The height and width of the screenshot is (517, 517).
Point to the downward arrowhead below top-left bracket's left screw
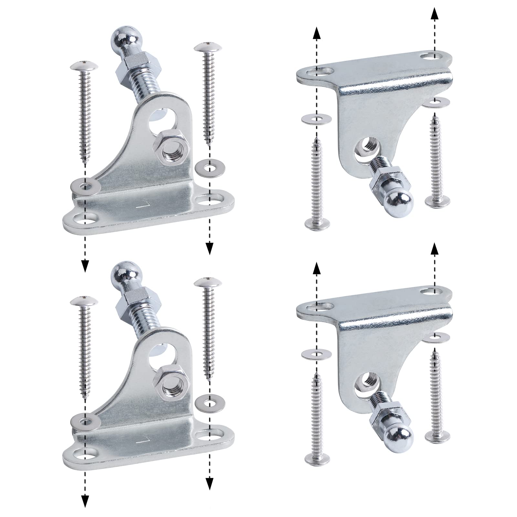pos(85,265)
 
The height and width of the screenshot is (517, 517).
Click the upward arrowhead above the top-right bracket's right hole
pos(435,6)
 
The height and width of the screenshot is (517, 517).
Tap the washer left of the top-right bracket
pos(316,119)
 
